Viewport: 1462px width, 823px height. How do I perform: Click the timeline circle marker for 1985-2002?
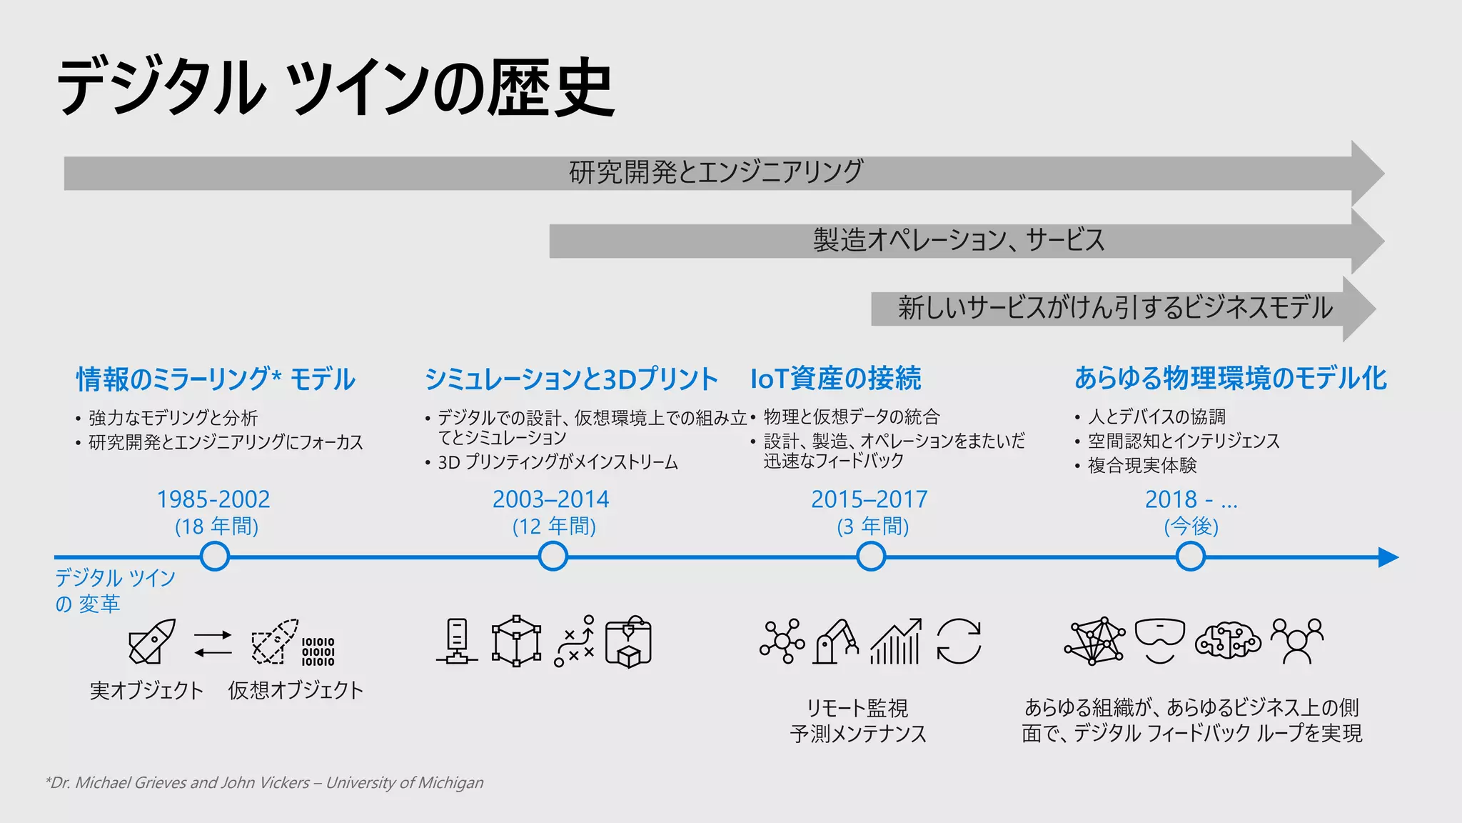215,557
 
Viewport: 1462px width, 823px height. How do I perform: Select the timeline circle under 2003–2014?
553,557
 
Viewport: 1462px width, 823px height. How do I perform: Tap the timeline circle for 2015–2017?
871,557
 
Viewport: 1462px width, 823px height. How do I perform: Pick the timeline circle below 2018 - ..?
1190,557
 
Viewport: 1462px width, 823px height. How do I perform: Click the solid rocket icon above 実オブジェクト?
152,641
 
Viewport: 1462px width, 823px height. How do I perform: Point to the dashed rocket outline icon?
274,641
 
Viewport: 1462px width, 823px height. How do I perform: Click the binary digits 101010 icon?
318,652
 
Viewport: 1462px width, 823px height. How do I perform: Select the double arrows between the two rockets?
213,643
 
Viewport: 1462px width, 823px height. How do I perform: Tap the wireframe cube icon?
516,641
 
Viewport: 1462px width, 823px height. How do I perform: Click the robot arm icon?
836,641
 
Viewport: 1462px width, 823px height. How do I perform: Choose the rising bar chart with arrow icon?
896,641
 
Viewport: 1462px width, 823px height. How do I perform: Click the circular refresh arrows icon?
959,641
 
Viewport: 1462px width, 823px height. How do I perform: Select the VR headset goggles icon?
1159,639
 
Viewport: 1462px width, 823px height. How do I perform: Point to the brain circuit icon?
1227,640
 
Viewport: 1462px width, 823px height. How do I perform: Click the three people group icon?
1296,640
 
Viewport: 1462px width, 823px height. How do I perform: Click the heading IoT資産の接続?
835,379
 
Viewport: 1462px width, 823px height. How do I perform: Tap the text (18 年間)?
216,527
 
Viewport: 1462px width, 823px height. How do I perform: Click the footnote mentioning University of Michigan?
264,783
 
